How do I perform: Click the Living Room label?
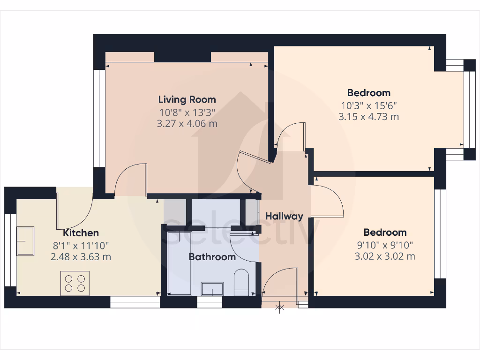coord(187,99)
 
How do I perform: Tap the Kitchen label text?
coord(81,233)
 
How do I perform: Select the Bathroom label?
coord(212,257)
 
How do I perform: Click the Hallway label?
coord(284,216)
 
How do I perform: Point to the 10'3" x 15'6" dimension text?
coord(368,105)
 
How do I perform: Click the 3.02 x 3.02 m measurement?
coord(385,256)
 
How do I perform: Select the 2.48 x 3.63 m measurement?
coord(81,257)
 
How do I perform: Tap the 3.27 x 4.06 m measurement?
coord(187,124)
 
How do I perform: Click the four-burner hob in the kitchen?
coord(75,283)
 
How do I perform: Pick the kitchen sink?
coord(25,241)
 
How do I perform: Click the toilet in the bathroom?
coord(241,282)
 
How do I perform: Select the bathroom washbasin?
coord(213,289)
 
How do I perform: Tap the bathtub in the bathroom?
coord(179,262)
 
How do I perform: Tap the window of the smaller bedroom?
coord(440,233)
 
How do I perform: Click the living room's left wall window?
coord(99,118)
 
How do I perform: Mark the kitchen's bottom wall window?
coord(135,302)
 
